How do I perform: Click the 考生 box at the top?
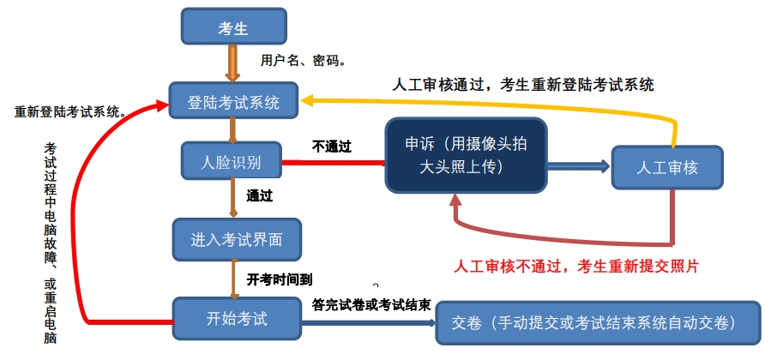click(x=232, y=27)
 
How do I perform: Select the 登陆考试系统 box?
click(x=233, y=102)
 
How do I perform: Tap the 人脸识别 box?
click(x=231, y=162)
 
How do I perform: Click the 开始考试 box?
click(x=236, y=319)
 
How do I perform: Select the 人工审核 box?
click(x=666, y=167)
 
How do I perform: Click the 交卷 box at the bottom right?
click(x=598, y=323)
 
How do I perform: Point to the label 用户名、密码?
click(x=303, y=61)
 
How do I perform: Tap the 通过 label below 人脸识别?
click(x=259, y=195)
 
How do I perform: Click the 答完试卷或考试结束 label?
click(x=371, y=304)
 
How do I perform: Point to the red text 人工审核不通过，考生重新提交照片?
click(x=576, y=266)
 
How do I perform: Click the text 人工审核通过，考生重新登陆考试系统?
click(x=523, y=84)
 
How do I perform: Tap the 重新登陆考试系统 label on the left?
click(x=70, y=111)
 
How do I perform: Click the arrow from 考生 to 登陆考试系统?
click(x=232, y=62)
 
